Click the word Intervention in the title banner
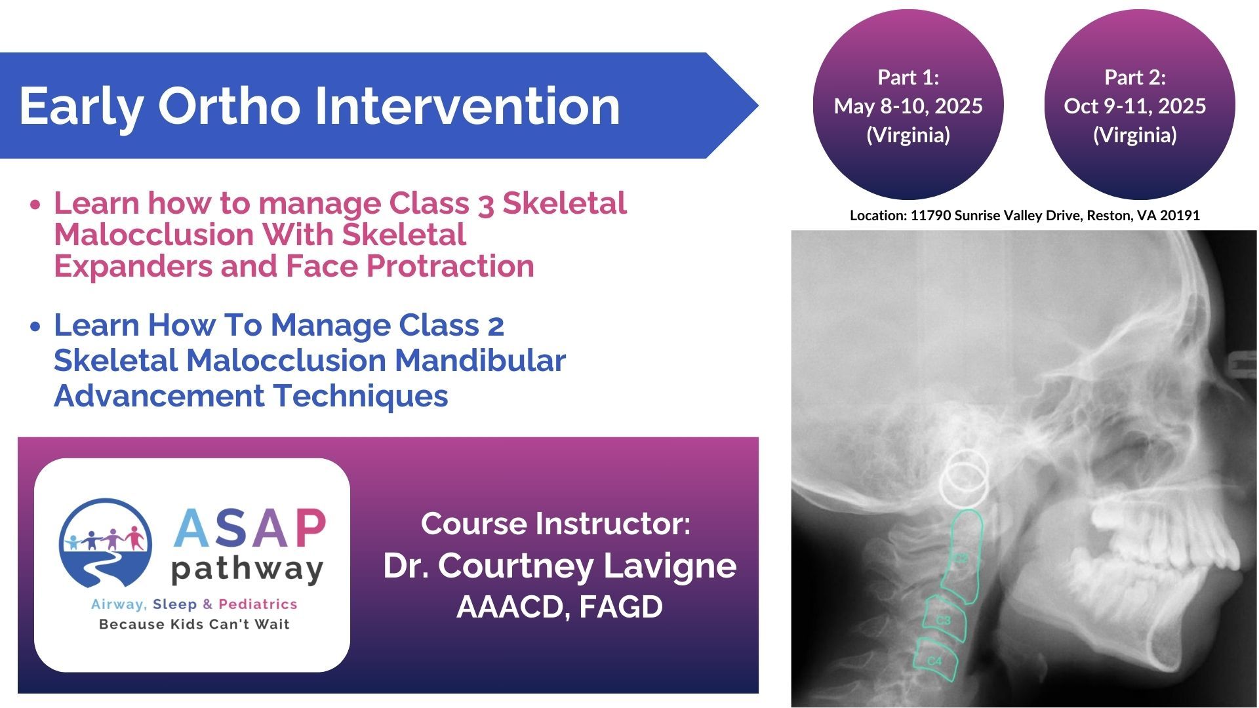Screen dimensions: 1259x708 pyautogui.click(x=468, y=106)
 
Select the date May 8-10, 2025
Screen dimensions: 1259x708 pyautogui.click(x=908, y=106)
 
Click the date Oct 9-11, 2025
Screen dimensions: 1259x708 pyautogui.click(x=1135, y=106)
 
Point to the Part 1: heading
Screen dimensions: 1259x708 pyautogui.click(x=908, y=77)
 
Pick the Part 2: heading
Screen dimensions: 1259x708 pyautogui.click(x=1135, y=77)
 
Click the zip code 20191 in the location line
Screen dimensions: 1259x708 pyautogui.click(x=1180, y=216)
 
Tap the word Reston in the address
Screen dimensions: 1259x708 pyautogui.click(x=1108, y=216)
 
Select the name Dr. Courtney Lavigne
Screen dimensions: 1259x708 pyautogui.click(x=559, y=566)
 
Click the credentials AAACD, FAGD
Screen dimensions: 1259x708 pyautogui.click(x=559, y=607)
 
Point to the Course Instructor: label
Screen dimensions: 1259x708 pyautogui.click(x=555, y=524)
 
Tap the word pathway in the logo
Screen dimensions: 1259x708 pyautogui.click(x=247, y=570)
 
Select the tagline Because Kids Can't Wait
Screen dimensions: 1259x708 pyautogui.click(x=194, y=624)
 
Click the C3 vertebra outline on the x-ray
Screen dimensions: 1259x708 pyautogui.click(x=945, y=619)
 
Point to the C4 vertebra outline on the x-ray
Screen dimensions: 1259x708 pyautogui.click(x=936, y=660)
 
